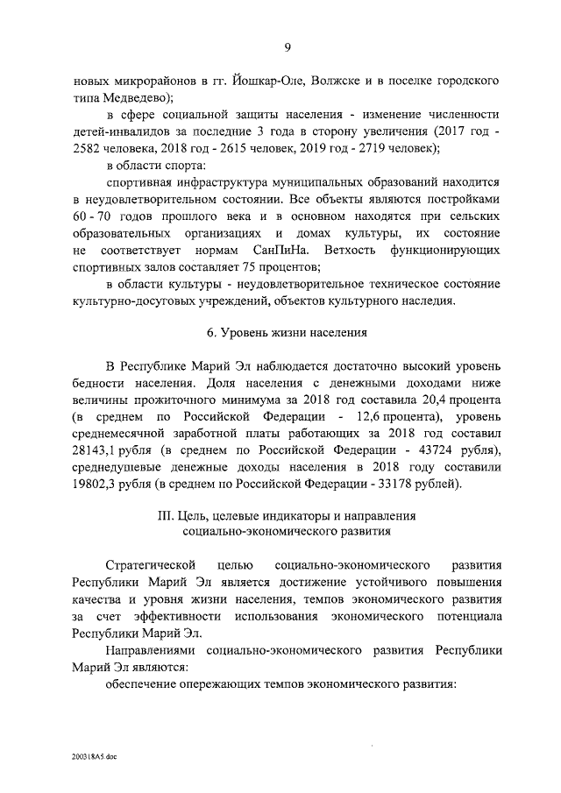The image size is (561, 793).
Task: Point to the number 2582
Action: pos(89,147)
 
